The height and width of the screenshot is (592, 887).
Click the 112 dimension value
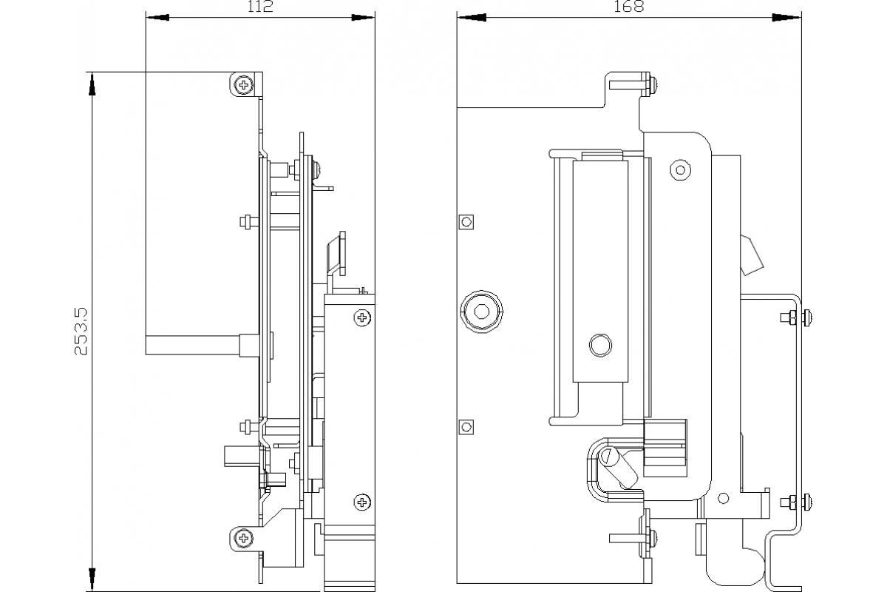click(260, 7)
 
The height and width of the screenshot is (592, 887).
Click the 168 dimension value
click(629, 7)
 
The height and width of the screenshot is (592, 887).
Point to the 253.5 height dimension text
click(81, 332)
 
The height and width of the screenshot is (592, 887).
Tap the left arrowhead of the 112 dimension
click(157, 18)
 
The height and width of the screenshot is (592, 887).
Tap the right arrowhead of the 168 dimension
click(786, 18)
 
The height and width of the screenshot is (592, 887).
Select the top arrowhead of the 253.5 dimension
click(92, 84)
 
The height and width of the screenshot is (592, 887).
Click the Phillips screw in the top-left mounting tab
click(243, 84)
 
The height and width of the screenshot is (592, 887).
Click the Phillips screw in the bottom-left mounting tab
click(243, 539)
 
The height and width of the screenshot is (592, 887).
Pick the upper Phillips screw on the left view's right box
click(362, 317)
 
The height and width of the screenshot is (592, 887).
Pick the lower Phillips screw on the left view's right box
click(362, 502)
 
